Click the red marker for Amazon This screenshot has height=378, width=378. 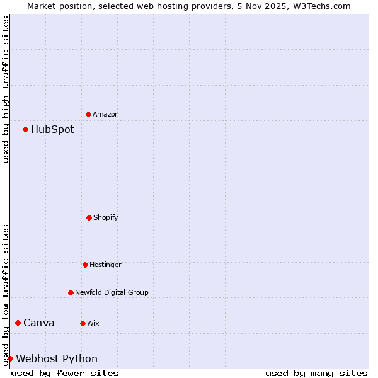click(88, 114)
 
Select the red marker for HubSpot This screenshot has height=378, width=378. click(25, 129)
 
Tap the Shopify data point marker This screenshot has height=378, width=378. click(89, 217)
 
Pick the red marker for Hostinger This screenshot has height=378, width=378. click(85, 265)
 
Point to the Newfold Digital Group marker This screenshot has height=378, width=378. click(71, 292)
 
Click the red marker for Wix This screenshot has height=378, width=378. click(83, 323)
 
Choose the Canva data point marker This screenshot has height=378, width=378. click(18, 323)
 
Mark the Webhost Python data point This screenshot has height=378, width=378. click(10, 358)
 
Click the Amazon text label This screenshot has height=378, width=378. click(106, 114)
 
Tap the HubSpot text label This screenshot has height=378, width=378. click(52, 129)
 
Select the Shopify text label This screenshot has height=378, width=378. click(106, 217)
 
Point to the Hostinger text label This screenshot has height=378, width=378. click(105, 265)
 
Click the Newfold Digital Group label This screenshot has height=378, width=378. click(112, 292)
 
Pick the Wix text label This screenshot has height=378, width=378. click(93, 323)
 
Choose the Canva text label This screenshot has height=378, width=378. click(39, 323)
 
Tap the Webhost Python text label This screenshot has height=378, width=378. click(57, 358)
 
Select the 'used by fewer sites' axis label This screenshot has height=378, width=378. click(65, 373)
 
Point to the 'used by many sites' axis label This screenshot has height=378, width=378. click(316, 373)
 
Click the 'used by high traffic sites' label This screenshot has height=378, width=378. click(6, 89)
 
